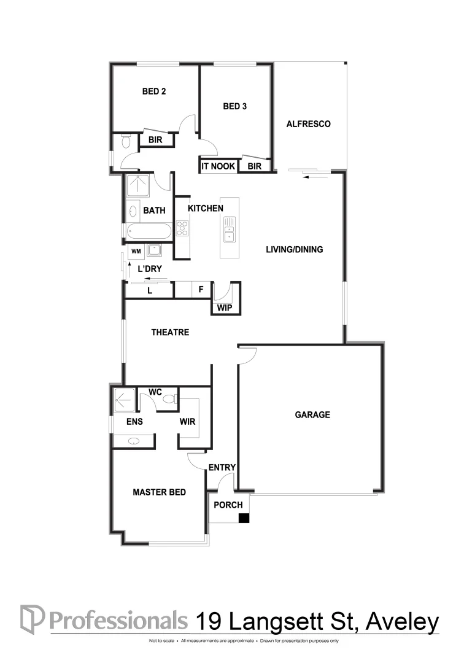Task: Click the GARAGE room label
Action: point(312,415)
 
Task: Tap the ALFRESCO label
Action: point(309,124)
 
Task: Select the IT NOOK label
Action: point(218,166)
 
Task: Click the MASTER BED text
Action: point(160,492)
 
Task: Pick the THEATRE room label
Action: point(170,333)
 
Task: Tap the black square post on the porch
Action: point(244,519)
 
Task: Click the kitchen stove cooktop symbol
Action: point(182,228)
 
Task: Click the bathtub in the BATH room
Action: point(149,232)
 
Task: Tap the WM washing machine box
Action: point(134,251)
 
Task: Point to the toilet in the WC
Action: point(169,400)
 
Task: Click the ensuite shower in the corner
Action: point(123,400)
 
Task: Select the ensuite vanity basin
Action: point(134,441)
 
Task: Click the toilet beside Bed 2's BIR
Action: point(126,142)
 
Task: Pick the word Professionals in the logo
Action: point(118,620)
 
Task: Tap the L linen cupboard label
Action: point(149,291)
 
